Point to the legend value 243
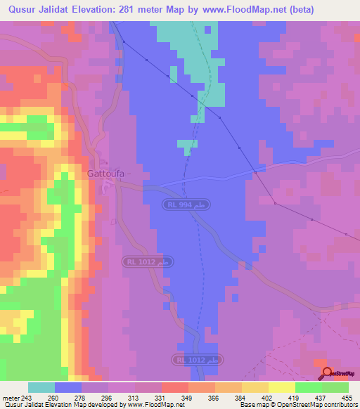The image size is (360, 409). click(x=28, y=398)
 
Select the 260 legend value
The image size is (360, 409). click(x=69, y=398)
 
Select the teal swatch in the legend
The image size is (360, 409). click(x=41, y=387)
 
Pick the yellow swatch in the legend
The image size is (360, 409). click(x=281, y=387)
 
